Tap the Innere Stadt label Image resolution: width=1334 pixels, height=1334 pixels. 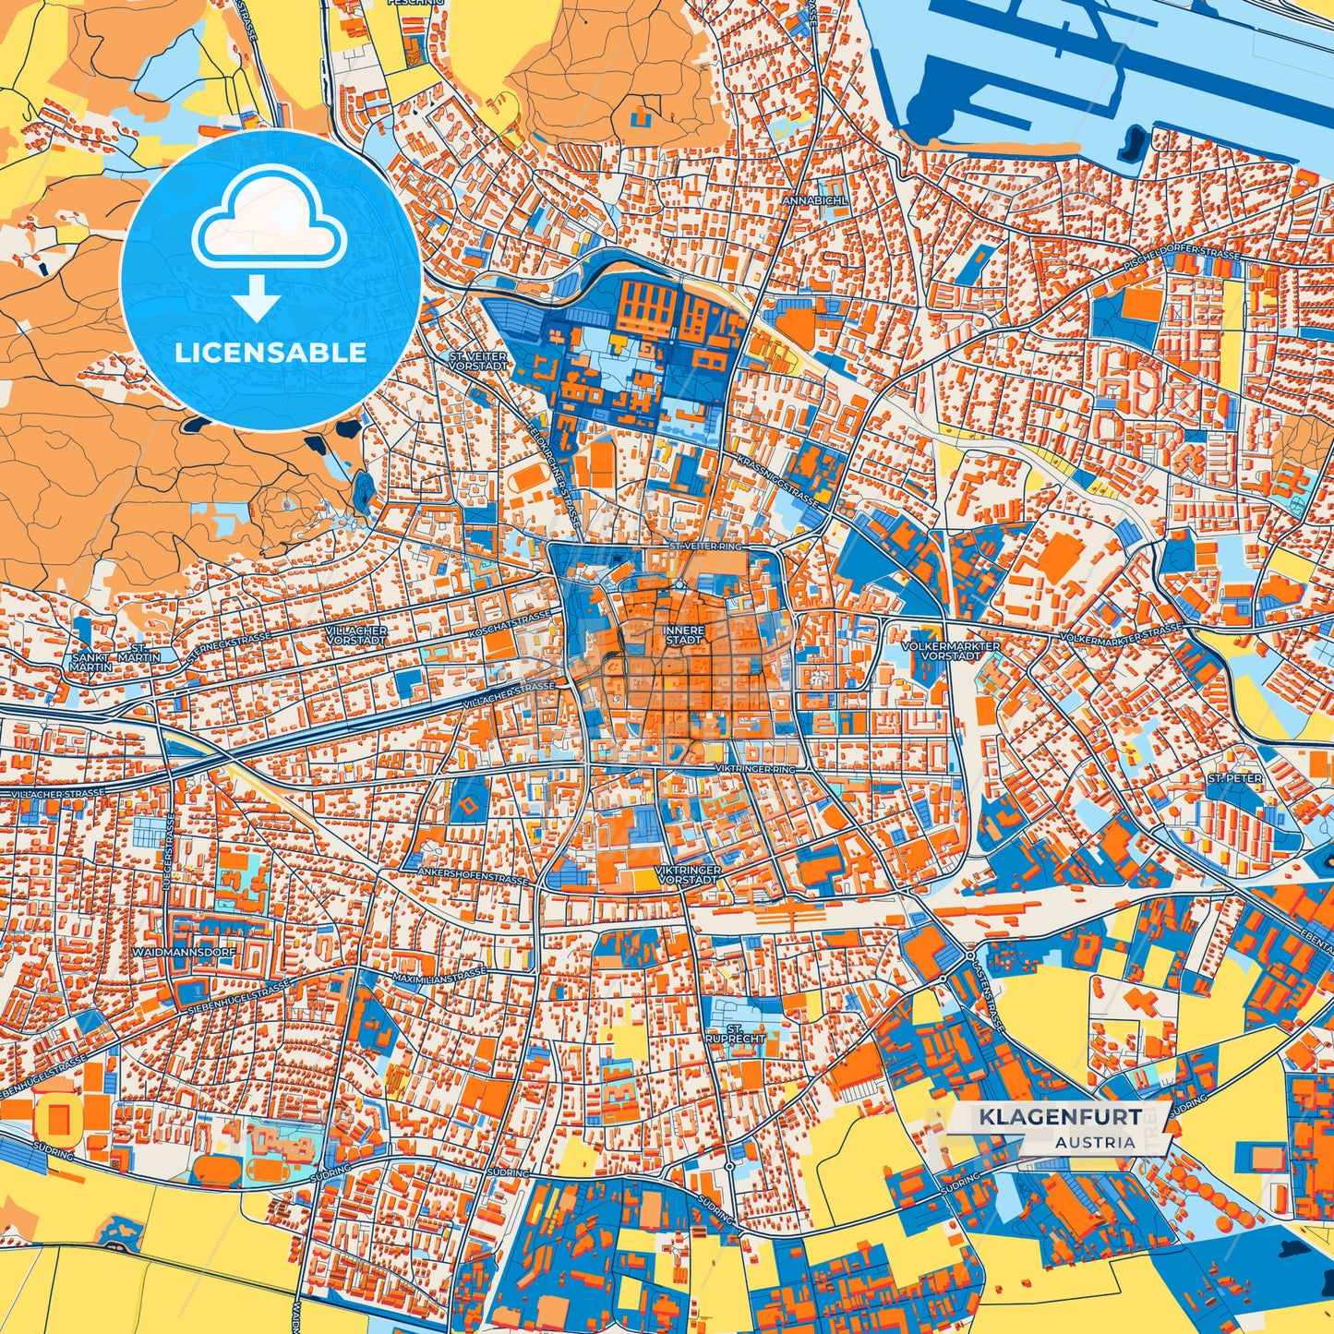[684, 634]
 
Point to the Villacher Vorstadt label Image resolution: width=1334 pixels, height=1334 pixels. [356, 634]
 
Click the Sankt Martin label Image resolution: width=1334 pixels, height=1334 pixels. [90, 660]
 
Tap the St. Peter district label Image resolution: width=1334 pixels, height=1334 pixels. [1234, 778]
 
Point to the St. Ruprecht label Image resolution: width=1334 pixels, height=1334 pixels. [735, 1033]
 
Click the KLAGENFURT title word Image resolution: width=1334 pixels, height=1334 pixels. [1059, 1117]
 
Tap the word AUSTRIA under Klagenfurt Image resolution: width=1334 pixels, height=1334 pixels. [1096, 1142]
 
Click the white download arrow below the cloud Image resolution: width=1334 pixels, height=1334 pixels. [258, 298]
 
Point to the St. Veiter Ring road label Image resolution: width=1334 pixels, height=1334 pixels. [706, 547]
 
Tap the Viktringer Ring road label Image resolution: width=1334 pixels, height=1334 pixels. [754, 768]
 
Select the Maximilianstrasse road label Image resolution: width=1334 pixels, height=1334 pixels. [439, 977]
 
